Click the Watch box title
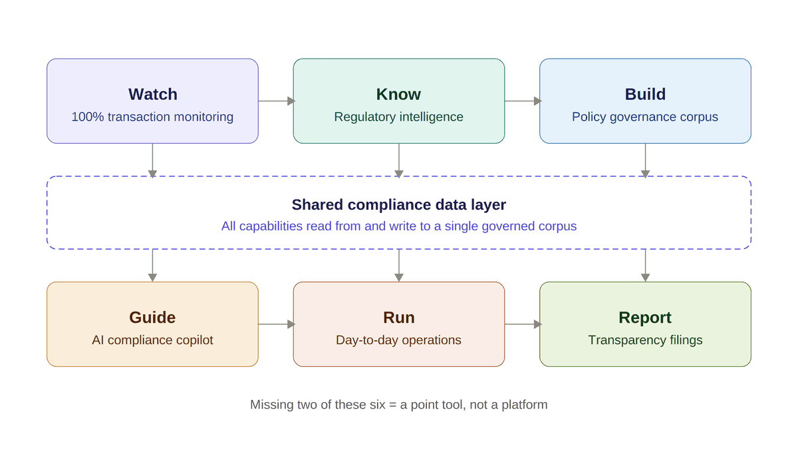pyautogui.click(x=152, y=95)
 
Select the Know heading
pyautogui.click(x=398, y=95)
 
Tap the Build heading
pyautogui.click(x=645, y=95)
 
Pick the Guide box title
pyautogui.click(x=152, y=318)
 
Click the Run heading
pyautogui.click(x=398, y=318)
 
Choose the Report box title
pyautogui.click(x=645, y=318)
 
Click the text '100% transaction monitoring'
pyautogui.click(x=152, y=117)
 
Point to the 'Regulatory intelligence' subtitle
pyautogui.click(x=398, y=117)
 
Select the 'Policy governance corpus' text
pyautogui.click(x=645, y=117)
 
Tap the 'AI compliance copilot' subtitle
pyautogui.click(x=152, y=340)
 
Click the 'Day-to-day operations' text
pyautogui.click(x=398, y=340)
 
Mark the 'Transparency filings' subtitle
pyautogui.click(x=645, y=340)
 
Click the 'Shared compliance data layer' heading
pyautogui.click(x=398, y=204)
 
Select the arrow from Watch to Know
pyautogui.click(x=276, y=101)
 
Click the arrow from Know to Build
pyautogui.click(x=523, y=101)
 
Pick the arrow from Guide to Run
pyautogui.click(x=276, y=324)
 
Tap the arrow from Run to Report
pyautogui.click(x=523, y=324)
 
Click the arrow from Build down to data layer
pyautogui.click(x=645, y=160)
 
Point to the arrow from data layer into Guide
pyautogui.click(x=152, y=265)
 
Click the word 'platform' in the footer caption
pyautogui.click(x=525, y=405)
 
